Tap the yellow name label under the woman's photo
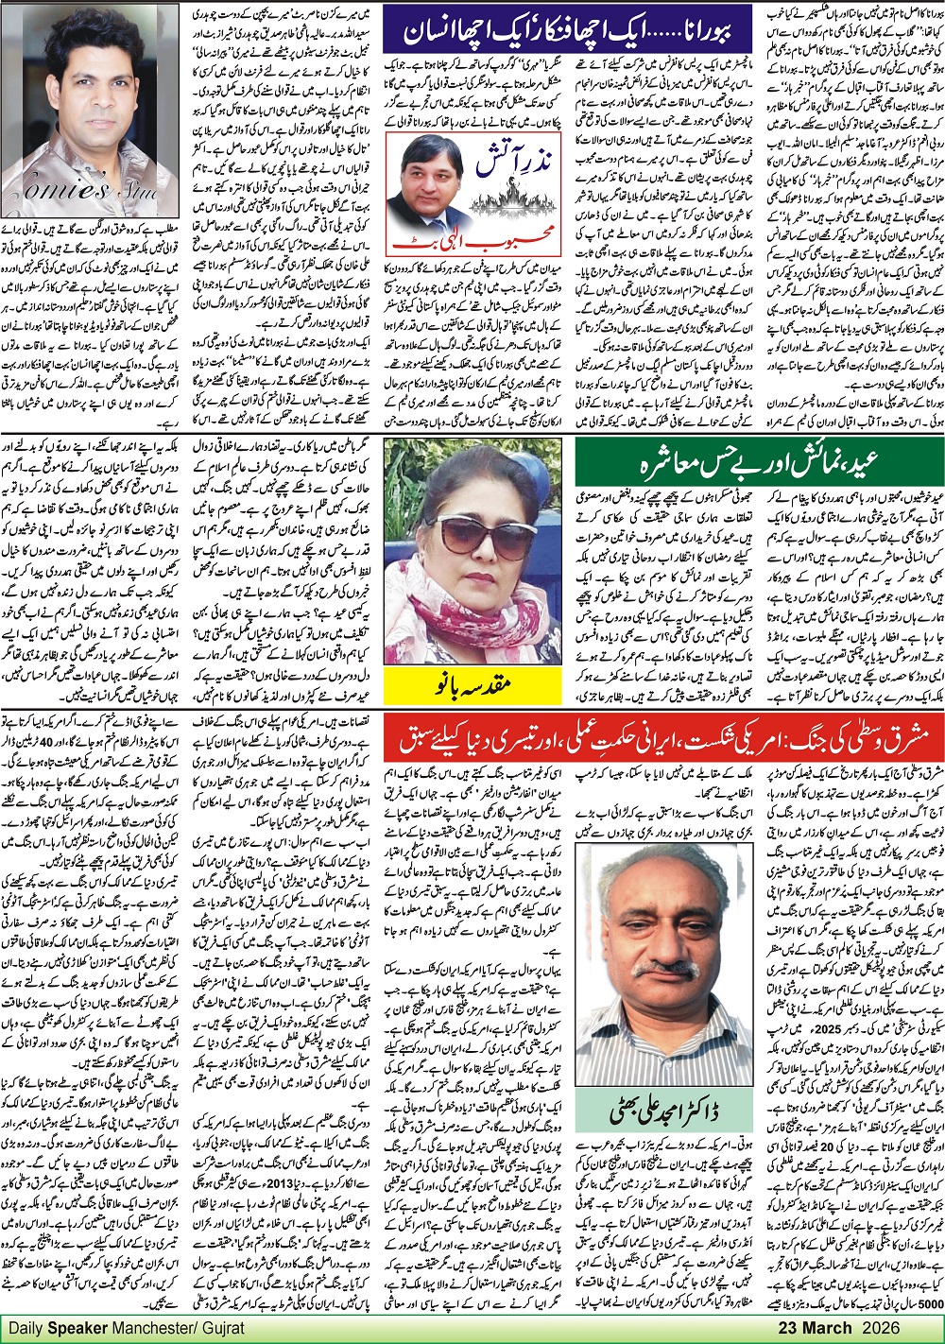(x=477, y=683)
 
